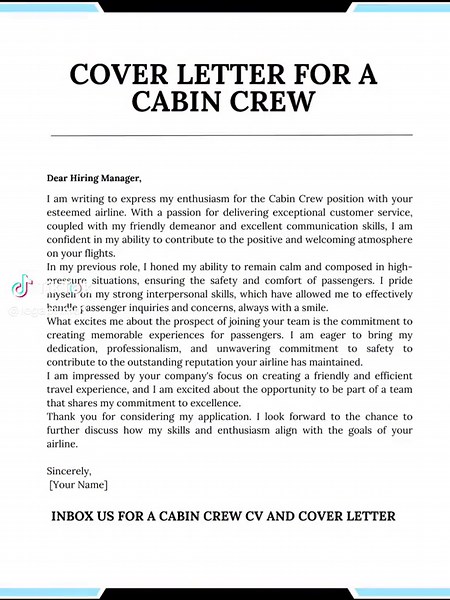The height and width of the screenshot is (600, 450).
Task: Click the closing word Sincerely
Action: [69, 471]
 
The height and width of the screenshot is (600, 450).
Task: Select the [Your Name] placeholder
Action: [79, 485]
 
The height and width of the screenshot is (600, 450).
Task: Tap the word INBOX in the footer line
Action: [77, 517]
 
